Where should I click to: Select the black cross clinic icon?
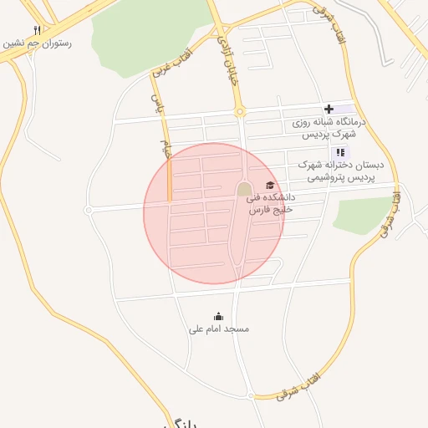(329, 109)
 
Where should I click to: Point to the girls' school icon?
(339, 152)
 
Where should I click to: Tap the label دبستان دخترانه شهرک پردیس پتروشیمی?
(338, 172)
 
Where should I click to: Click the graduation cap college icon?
(269, 186)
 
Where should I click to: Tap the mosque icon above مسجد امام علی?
(219, 316)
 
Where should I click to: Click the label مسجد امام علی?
(219, 329)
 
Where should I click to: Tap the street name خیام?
(166, 150)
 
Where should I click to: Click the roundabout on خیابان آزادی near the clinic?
(240, 111)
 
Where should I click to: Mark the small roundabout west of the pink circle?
(89, 210)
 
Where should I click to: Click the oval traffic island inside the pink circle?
(243, 190)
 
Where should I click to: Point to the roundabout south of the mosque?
(250, 395)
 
